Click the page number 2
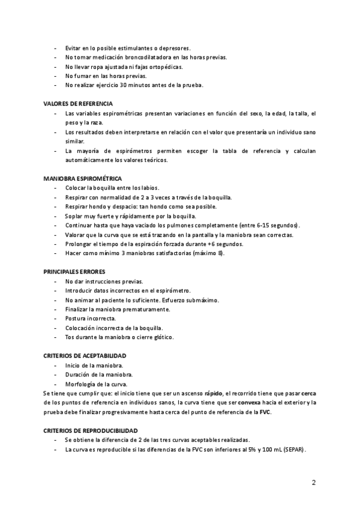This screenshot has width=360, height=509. tap(314, 482)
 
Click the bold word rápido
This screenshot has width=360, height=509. tap(213, 393)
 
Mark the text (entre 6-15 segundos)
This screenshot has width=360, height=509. tap(266, 225)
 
